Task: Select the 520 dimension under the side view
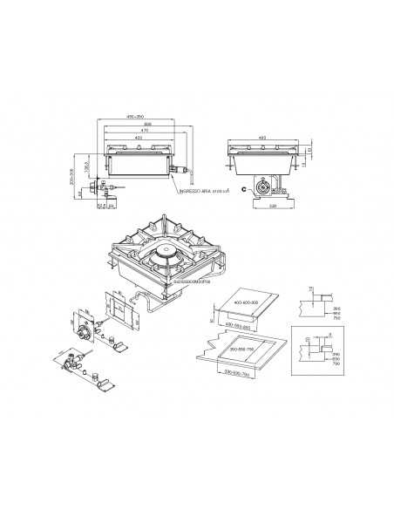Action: (x=271, y=207)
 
